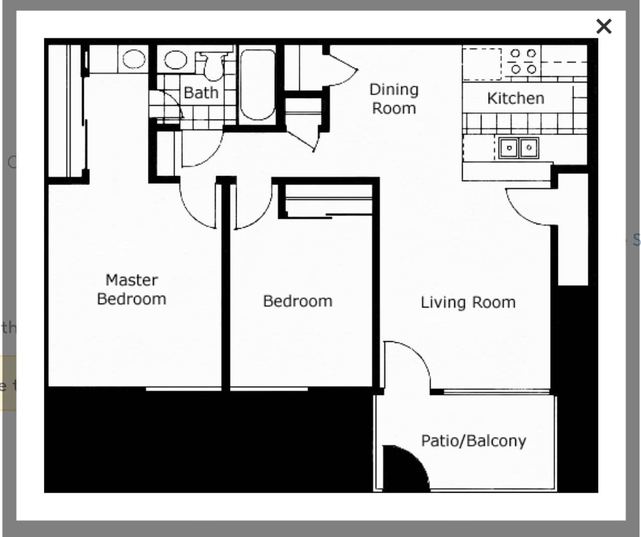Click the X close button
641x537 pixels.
(603, 26)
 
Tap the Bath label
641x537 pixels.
(201, 93)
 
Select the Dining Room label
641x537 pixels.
(394, 98)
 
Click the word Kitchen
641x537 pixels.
(516, 98)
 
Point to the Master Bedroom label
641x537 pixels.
(132, 289)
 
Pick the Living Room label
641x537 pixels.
(468, 302)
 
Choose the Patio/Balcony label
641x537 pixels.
(473, 441)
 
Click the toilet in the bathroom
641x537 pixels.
(213, 65)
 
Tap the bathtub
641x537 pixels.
(257, 84)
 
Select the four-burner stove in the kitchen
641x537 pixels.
(523, 61)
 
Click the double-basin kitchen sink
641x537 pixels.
(519, 148)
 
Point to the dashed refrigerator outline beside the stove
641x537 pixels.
(482, 64)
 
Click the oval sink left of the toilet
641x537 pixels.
(175, 60)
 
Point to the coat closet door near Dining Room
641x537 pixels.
(341, 68)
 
